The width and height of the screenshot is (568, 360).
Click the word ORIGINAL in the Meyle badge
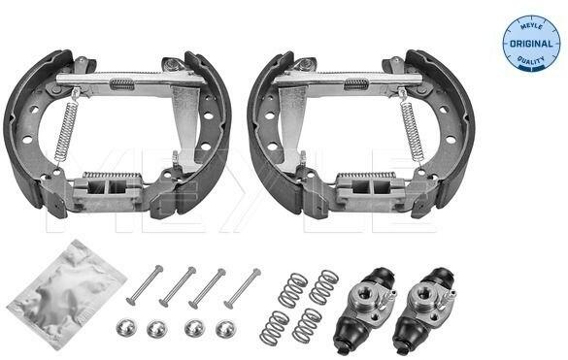(531, 44)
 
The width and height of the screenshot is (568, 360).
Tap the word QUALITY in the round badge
(531, 60)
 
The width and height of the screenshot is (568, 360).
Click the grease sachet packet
(67, 293)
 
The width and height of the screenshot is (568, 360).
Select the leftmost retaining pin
(145, 285)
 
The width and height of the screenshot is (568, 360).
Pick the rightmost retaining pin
(243, 288)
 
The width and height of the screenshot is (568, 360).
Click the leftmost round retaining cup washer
(125, 327)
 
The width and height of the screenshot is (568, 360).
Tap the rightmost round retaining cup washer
(225, 329)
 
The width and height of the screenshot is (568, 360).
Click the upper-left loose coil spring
(292, 290)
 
